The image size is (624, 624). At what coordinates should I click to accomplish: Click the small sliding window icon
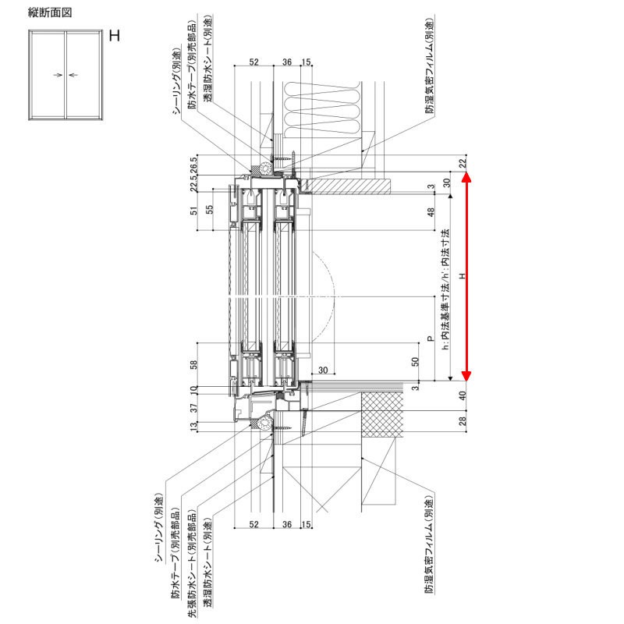tap(66, 76)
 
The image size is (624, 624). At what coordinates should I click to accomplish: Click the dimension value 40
tap(462, 396)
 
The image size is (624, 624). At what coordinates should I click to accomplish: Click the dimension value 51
tap(193, 211)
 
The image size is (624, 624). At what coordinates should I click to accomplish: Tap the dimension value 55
tap(209, 210)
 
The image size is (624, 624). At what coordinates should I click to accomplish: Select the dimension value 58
tap(193, 363)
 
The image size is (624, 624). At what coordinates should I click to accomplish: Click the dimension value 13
tap(193, 425)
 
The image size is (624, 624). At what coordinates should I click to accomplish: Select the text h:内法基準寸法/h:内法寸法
tap(446, 289)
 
